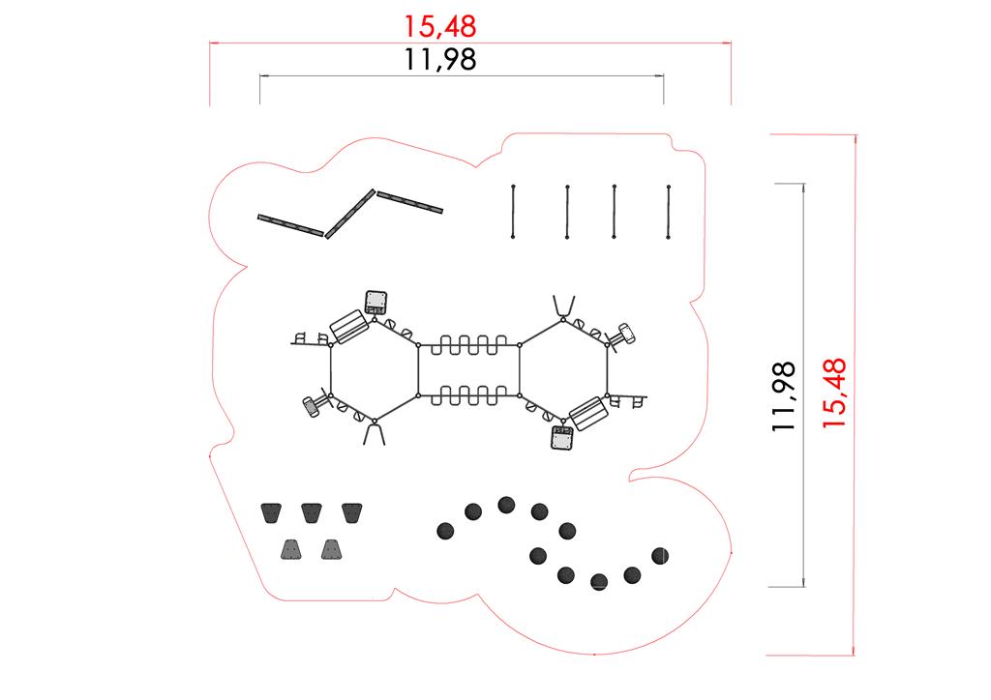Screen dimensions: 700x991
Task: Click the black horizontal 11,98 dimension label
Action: click(440, 60)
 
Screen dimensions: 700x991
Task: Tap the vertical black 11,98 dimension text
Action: click(785, 395)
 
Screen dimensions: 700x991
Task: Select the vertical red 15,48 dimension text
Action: click(834, 393)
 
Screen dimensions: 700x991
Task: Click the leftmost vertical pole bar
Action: click(513, 210)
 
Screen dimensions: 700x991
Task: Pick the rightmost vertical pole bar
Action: click(669, 210)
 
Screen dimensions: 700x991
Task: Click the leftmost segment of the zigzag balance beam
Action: click(291, 224)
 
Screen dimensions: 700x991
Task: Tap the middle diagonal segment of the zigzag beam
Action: click(349, 213)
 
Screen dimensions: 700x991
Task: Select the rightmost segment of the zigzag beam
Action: click(409, 201)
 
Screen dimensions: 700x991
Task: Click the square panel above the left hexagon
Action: click(375, 301)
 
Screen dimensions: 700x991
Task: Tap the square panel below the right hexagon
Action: click(562, 439)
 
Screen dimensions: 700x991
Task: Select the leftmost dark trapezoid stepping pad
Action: click(270, 511)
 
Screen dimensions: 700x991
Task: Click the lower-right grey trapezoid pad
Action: click(333, 550)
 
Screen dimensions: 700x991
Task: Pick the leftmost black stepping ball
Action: click(445, 530)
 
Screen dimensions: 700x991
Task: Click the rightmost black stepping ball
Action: click(661, 555)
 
